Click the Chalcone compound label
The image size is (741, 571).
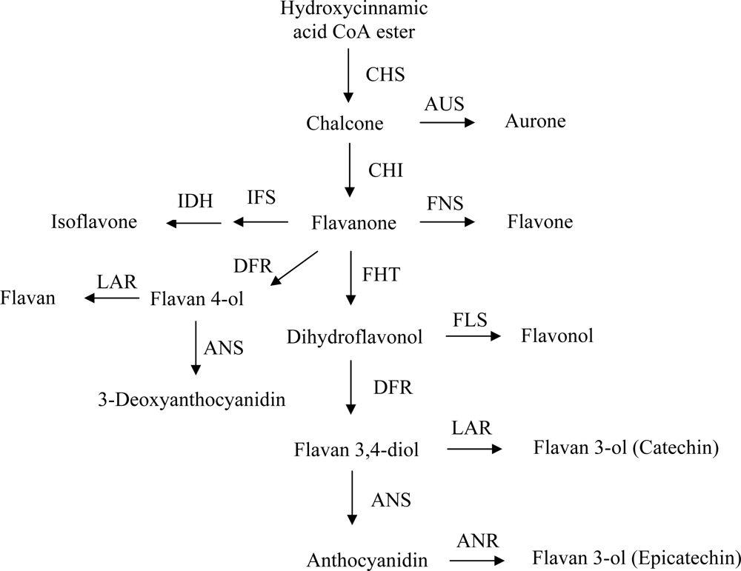345,122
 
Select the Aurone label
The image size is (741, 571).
536,121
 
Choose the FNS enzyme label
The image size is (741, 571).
445,200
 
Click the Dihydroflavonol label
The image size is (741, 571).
354,338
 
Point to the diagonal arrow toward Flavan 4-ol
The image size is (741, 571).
296,267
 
